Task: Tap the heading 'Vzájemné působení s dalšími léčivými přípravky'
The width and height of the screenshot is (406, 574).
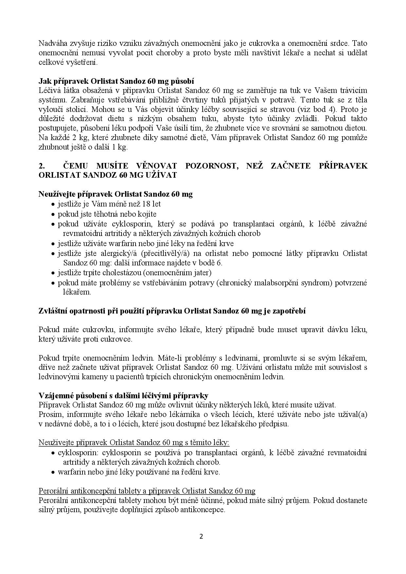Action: (123, 395)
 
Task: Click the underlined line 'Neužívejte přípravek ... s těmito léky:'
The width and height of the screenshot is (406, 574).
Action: (134, 443)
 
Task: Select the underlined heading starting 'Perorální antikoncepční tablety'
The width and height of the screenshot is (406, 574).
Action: (147, 491)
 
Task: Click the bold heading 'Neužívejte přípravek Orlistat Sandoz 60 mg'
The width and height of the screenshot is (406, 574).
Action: (116, 194)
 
